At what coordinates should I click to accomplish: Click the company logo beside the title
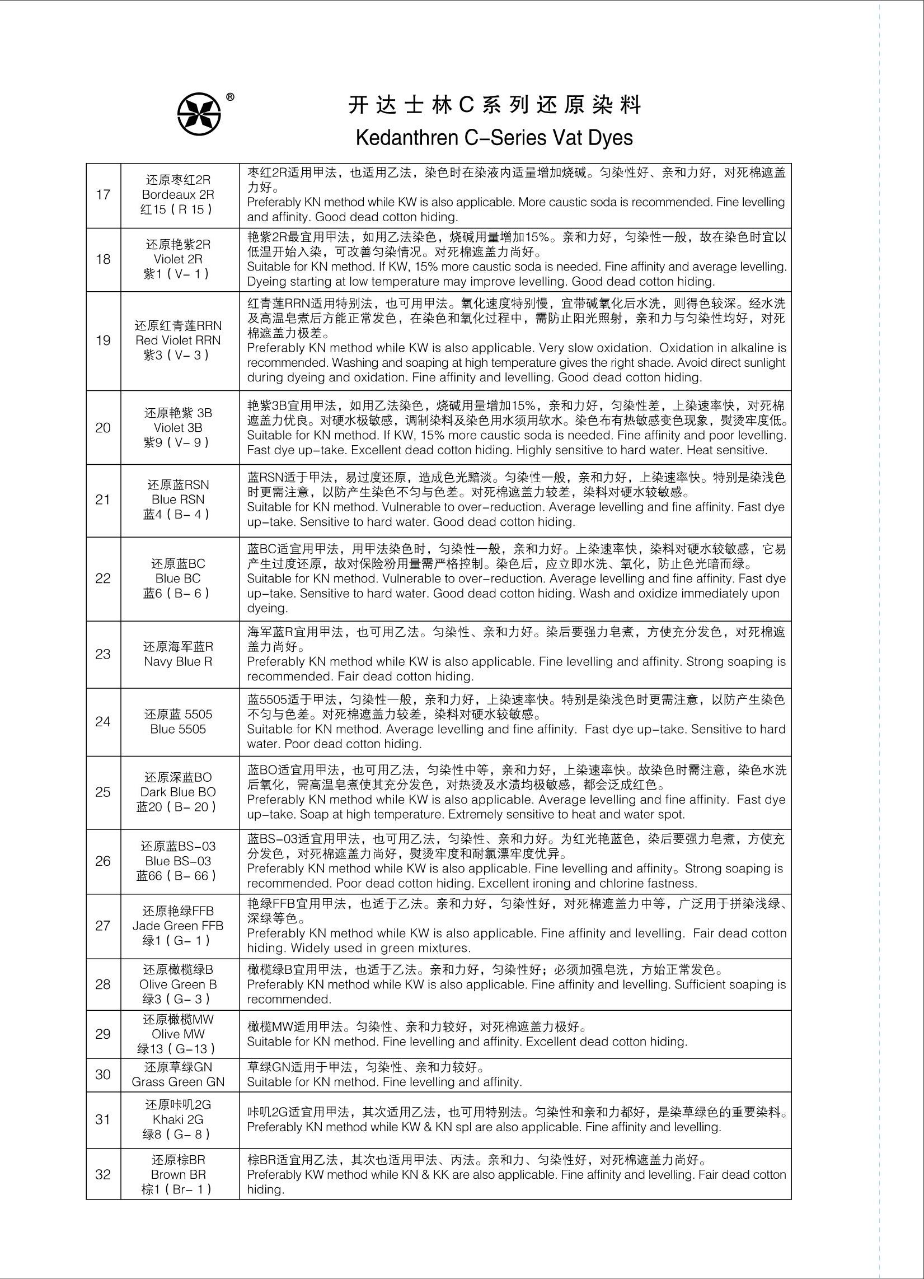pyautogui.click(x=200, y=113)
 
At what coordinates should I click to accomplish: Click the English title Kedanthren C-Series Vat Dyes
pyautogui.click(x=494, y=138)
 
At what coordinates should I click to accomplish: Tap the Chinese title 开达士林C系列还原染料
pyautogui.click(x=494, y=105)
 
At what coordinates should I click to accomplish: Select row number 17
pyautogui.click(x=103, y=195)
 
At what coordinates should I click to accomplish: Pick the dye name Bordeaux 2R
pyautogui.click(x=178, y=195)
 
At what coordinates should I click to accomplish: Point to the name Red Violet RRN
pyautogui.click(x=178, y=340)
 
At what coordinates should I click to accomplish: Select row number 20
pyautogui.click(x=103, y=428)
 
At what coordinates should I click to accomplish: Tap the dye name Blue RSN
pyautogui.click(x=178, y=500)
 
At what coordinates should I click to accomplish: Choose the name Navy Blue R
pyautogui.click(x=178, y=662)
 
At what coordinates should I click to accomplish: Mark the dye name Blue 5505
pyautogui.click(x=178, y=730)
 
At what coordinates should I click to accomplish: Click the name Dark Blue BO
pyautogui.click(x=178, y=792)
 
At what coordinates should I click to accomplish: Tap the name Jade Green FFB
pyautogui.click(x=178, y=926)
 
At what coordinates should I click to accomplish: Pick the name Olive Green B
pyautogui.click(x=178, y=984)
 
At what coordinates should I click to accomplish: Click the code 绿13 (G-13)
pyautogui.click(x=178, y=1049)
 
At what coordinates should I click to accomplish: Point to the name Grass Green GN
pyautogui.click(x=178, y=1082)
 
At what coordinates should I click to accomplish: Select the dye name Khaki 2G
pyautogui.click(x=178, y=1120)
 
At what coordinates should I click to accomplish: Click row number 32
pyautogui.click(x=103, y=1175)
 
